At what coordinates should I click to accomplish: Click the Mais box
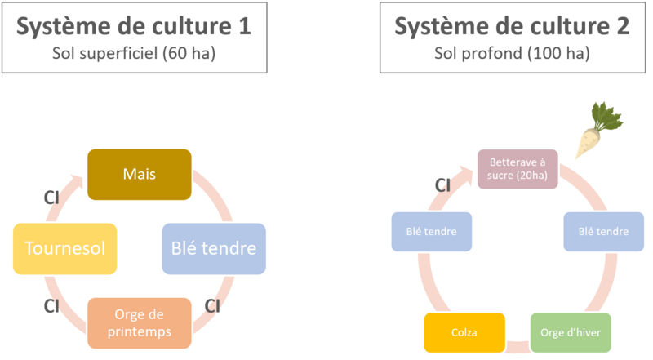click(140, 173)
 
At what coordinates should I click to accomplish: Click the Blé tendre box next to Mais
click(214, 247)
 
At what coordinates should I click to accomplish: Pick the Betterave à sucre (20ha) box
click(511, 169)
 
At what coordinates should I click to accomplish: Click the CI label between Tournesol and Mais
click(49, 196)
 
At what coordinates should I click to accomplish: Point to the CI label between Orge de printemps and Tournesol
click(49, 305)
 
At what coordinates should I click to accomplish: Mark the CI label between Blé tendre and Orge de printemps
click(211, 306)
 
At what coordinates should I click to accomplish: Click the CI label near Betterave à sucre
click(444, 187)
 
